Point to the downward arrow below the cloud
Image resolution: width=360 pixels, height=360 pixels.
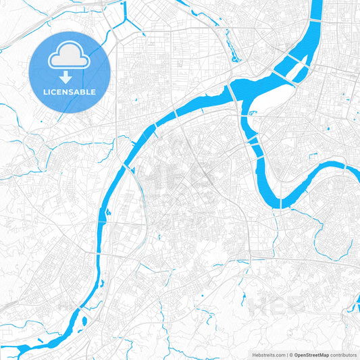(70, 76)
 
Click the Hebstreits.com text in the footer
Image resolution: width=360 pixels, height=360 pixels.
(267, 355)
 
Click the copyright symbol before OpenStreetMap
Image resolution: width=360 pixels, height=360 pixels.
(292, 355)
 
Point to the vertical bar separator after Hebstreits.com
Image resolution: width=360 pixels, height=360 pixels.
(286, 355)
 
